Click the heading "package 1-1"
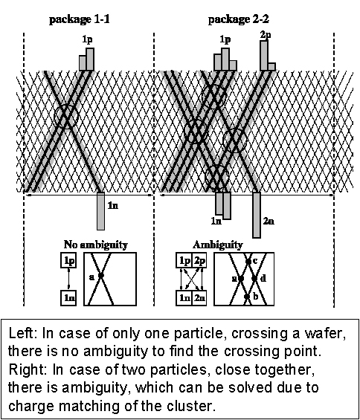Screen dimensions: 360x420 (x=80, y=20)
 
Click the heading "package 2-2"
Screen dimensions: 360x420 (x=238, y=20)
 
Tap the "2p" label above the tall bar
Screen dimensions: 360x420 (x=266, y=35)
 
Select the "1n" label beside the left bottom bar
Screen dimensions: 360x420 (x=112, y=205)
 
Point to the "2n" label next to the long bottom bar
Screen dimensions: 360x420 (x=269, y=221)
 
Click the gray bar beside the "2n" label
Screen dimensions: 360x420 (x=257, y=215)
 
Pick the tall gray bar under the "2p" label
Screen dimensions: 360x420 (x=264, y=56)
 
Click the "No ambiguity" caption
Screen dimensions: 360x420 (x=96, y=245)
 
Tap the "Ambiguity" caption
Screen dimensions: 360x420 (x=218, y=245)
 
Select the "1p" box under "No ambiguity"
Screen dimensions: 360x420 (x=68, y=260)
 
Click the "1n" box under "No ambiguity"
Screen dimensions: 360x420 (x=68, y=298)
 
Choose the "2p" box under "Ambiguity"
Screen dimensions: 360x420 (x=199, y=260)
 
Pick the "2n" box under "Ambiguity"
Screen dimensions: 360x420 (x=199, y=298)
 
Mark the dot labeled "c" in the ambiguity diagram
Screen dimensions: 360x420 (x=248, y=261)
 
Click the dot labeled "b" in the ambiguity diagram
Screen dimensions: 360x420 (x=247, y=297)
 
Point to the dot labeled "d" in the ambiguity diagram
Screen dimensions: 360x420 (x=254, y=279)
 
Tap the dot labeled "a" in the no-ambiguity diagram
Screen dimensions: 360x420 (x=101, y=275)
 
